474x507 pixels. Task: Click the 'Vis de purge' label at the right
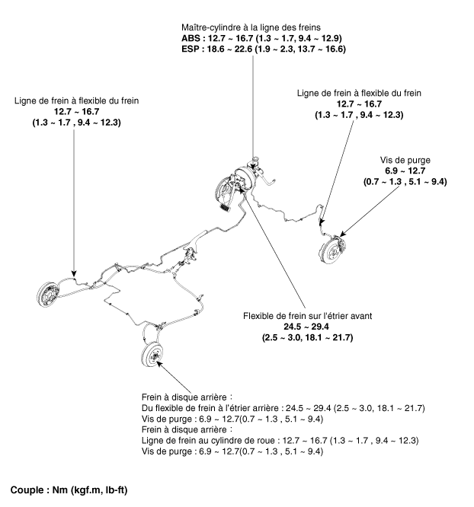tap(405, 161)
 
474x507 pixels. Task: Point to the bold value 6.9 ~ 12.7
tap(405, 171)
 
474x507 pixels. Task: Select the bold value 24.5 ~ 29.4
tap(306, 327)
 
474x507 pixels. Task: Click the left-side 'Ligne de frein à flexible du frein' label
tap(75, 100)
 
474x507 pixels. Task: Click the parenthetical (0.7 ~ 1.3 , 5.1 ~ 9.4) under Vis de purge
tap(405, 182)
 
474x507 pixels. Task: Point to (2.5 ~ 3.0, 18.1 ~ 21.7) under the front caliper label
tap(306, 337)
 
